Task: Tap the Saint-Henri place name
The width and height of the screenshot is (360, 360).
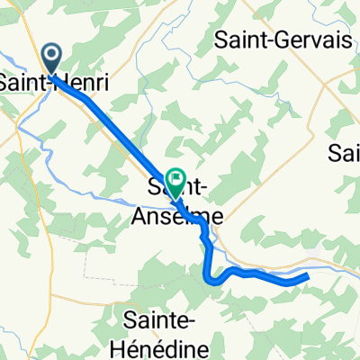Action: coord(54,82)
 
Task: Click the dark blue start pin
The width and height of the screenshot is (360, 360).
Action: coord(51,59)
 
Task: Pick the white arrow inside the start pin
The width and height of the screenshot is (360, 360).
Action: coord(51,55)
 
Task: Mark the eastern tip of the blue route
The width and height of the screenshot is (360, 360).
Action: coord(307,275)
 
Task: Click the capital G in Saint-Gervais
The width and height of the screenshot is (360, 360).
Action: coord(268,39)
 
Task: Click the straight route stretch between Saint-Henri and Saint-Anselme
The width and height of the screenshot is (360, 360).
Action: coord(117,121)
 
